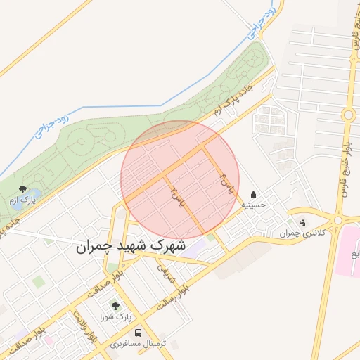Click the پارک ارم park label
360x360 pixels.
click(22, 201)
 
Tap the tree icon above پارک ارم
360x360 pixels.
click(22, 189)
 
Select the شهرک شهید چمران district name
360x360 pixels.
click(131, 247)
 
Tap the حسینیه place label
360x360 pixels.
click(254, 205)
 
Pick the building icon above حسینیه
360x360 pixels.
click(253, 194)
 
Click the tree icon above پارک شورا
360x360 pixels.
click(115, 306)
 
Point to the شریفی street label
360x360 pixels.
click(163, 271)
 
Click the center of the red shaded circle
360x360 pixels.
click(180, 180)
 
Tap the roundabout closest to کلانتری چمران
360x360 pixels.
click(338, 219)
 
